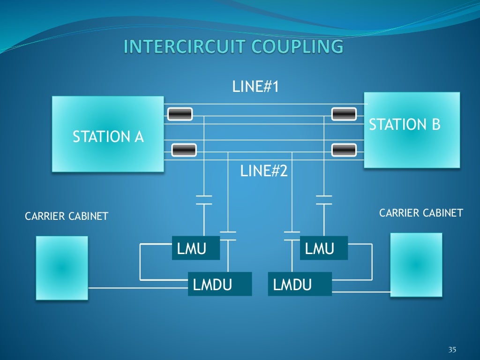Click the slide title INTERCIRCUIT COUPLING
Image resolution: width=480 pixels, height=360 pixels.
pyautogui.click(x=233, y=47)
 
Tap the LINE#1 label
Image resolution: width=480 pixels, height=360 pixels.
pyautogui.click(x=255, y=87)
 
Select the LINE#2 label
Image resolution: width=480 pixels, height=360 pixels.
pyautogui.click(x=263, y=171)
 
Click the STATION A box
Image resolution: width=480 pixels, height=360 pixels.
pyautogui.click(x=108, y=134)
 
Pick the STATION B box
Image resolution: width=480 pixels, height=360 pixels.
pyautogui.click(x=412, y=130)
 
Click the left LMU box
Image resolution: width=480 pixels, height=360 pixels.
pyautogui.click(x=196, y=248)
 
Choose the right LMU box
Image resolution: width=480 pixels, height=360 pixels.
pyautogui.click(x=324, y=248)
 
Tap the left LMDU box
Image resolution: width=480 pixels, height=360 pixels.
pyautogui.click(x=219, y=284)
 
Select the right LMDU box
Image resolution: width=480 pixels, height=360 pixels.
pyautogui.click(x=300, y=284)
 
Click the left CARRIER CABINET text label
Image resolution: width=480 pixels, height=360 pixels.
pyautogui.click(x=66, y=216)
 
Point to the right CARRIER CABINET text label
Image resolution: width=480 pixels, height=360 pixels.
pyautogui.click(x=421, y=213)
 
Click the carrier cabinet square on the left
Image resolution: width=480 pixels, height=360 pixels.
pyautogui.click(x=62, y=268)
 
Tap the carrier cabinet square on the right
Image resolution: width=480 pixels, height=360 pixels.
pyautogui.click(x=416, y=265)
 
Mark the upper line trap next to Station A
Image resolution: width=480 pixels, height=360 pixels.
pyautogui.click(x=179, y=114)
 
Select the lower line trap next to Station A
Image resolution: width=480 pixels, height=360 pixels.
pyautogui.click(x=184, y=150)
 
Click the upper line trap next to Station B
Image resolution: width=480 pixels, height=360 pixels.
pyautogui.click(x=344, y=114)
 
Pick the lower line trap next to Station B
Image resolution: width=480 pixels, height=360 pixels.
pyautogui.click(x=344, y=150)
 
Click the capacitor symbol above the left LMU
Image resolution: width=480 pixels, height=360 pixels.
pyautogui.click(x=204, y=200)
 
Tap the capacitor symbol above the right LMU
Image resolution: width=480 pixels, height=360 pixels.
pyautogui.click(x=324, y=200)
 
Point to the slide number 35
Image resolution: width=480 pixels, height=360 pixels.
pyautogui.click(x=452, y=350)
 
